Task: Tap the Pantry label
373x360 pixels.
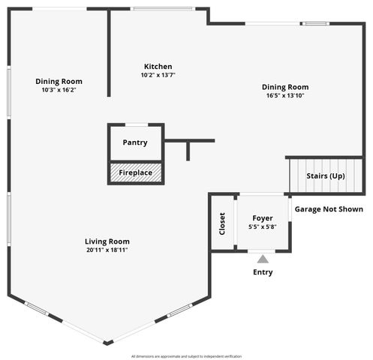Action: click(135, 142)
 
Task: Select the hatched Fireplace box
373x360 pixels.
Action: click(135, 173)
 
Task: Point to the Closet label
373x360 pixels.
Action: click(222, 223)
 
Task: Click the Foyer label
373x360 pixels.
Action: click(263, 218)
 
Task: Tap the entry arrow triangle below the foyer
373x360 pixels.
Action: click(263, 259)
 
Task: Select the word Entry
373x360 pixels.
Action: click(263, 272)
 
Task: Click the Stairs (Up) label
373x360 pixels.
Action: click(326, 176)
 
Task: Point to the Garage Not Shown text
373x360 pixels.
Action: click(328, 209)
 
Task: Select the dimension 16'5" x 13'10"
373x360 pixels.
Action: click(285, 95)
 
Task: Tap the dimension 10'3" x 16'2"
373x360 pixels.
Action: click(59, 90)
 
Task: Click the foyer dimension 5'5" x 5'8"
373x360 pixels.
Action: click(263, 227)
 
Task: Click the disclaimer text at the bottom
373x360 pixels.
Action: click(186, 355)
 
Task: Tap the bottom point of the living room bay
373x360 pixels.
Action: click(108, 343)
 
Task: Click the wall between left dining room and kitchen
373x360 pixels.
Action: click(109, 52)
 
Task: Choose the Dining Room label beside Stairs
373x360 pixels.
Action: click(285, 86)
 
